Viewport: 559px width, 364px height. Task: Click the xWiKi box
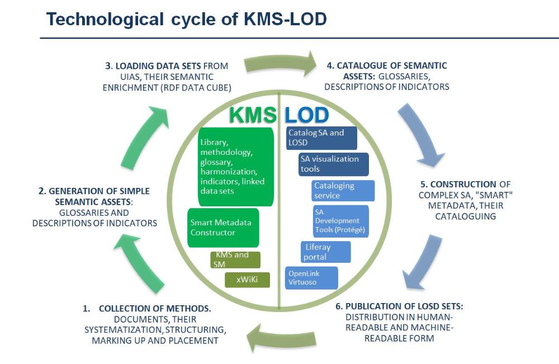(x=247, y=280)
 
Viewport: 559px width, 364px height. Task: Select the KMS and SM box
(x=235, y=259)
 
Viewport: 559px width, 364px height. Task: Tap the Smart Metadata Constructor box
(x=223, y=228)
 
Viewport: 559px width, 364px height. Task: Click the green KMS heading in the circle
(x=253, y=115)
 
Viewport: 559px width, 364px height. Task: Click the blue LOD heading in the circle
(x=306, y=115)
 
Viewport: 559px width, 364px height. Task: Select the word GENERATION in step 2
(x=75, y=192)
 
